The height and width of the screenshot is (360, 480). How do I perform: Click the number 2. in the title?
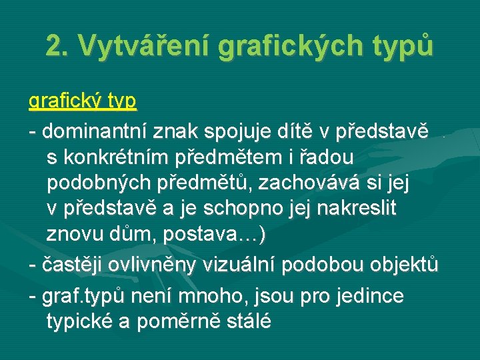click(58, 45)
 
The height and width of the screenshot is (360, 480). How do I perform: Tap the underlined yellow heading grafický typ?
click(83, 101)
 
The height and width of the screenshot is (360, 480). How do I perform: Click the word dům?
click(132, 235)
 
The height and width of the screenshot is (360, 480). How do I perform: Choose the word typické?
click(79, 321)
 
